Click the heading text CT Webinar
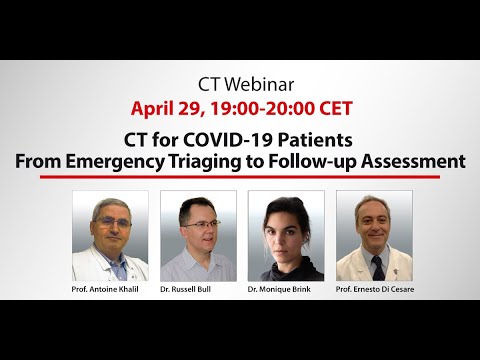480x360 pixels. [239, 82]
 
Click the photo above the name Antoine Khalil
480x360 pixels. [110, 235]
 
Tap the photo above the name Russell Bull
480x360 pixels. [198, 235]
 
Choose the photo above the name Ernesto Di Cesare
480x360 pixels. [374, 235]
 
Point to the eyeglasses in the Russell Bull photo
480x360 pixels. [195, 224]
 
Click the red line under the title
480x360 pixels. [240, 177]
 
